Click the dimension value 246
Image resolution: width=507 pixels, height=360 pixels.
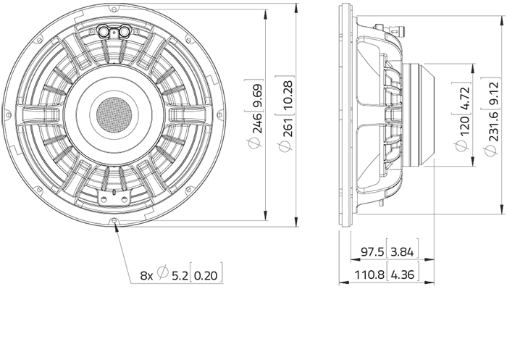[257, 123]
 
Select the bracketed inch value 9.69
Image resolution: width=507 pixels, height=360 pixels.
[257, 96]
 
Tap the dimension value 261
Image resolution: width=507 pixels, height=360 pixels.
[286, 127]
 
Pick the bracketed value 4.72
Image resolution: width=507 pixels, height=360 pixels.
[464, 99]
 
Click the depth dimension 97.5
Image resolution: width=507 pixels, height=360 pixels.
[372, 251]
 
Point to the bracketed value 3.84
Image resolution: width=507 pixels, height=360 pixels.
[402, 251]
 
